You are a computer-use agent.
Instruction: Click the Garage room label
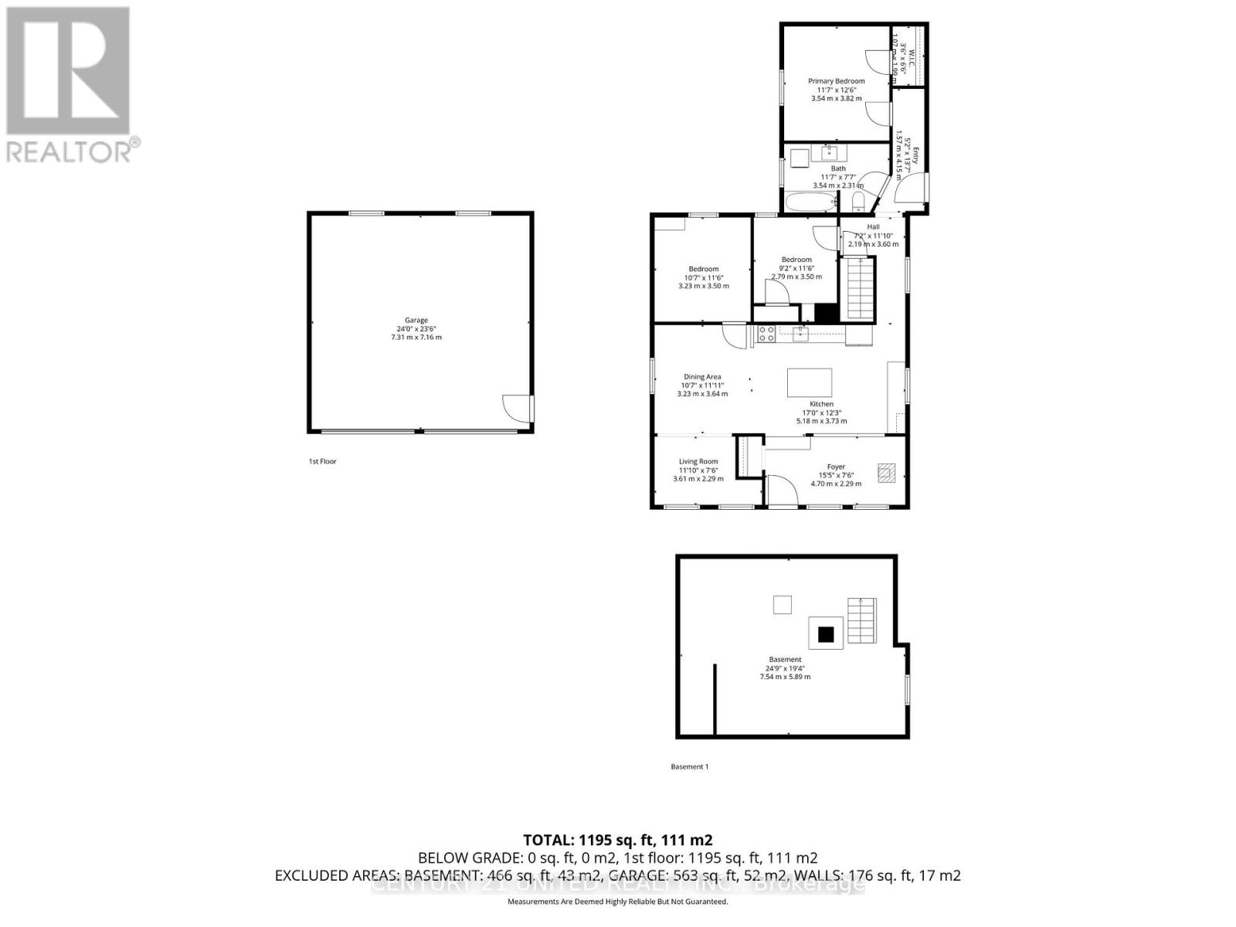416,321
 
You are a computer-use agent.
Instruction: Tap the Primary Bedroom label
836,81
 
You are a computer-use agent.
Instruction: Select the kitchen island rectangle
810,382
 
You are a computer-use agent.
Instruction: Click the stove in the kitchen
766,334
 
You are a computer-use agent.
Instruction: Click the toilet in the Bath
858,203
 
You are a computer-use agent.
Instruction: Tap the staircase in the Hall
858,289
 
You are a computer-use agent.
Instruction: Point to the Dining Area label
702,377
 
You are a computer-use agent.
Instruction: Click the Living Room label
698,462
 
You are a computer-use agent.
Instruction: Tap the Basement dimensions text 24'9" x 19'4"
785,668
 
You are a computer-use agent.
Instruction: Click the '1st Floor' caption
322,461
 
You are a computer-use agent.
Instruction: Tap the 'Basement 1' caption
689,766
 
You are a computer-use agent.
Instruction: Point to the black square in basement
826,634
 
